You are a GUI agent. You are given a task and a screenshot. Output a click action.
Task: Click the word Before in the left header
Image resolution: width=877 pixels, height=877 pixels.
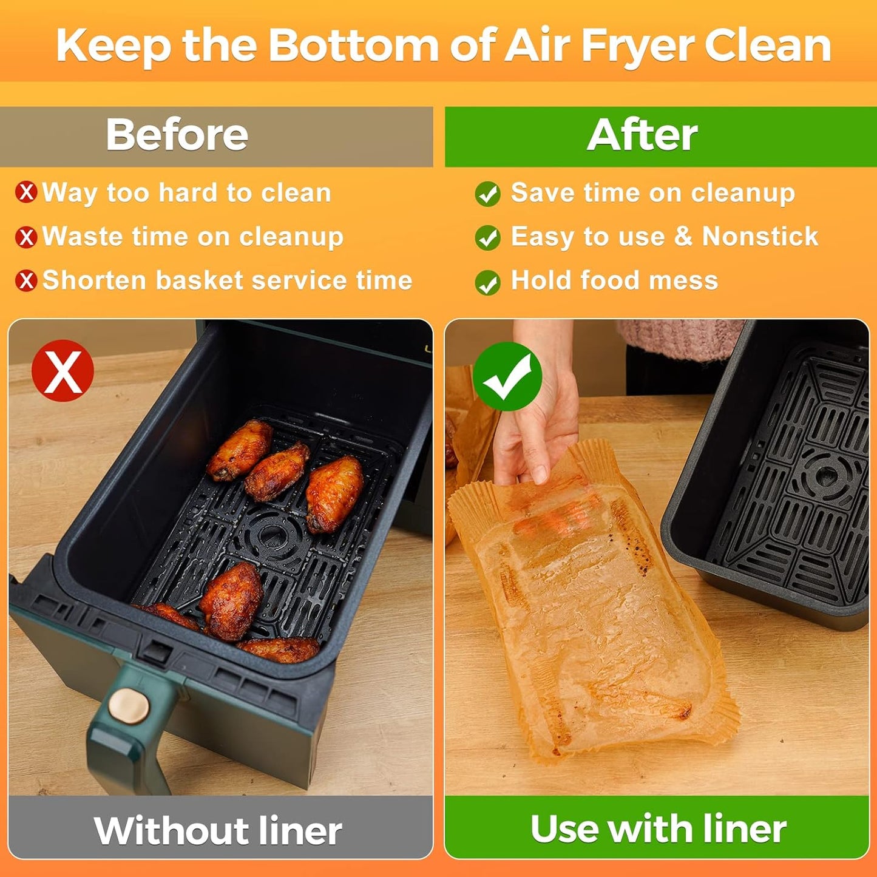(x=177, y=134)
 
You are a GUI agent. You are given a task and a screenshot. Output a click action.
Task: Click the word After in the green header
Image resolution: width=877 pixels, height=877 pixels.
(x=642, y=134)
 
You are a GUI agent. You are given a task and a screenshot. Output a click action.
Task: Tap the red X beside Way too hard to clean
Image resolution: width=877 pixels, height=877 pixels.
(x=26, y=192)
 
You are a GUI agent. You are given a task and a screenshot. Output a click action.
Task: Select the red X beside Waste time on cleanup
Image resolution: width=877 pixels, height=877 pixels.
(x=26, y=237)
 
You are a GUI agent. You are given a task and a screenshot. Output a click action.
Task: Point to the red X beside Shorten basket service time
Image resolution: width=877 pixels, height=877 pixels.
(x=26, y=280)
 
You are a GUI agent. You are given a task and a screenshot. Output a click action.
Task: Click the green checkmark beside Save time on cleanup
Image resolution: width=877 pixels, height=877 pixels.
(x=488, y=194)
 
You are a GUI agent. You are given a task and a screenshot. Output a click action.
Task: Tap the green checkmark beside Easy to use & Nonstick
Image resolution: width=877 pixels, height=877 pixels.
(x=488, y=238)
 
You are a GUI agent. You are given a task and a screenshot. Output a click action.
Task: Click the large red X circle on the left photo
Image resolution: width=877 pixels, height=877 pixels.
(x=63, y=370)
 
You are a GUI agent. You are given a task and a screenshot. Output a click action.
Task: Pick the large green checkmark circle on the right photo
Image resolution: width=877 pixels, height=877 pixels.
(x=507, y=376)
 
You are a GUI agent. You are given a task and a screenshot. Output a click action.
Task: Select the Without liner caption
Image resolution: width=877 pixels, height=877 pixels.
(x=218, y=830)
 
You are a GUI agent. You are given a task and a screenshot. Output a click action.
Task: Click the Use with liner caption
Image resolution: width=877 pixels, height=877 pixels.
(x=658, y=828)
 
